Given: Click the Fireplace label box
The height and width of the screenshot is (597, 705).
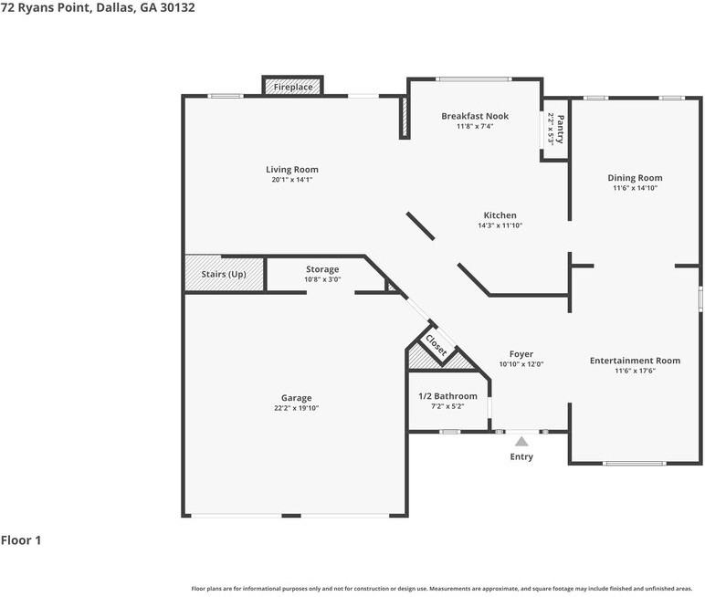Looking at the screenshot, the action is [293, 87].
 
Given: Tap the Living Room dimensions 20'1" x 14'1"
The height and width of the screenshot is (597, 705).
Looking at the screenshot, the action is [292, 179].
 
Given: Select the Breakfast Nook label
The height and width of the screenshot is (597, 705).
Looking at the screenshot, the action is [475, 116].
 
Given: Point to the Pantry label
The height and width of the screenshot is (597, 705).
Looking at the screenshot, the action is [560, 129].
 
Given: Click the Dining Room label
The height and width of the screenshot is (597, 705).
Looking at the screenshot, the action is [635, 178].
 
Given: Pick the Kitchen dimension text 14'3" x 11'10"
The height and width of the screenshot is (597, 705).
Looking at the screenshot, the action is [500, 225].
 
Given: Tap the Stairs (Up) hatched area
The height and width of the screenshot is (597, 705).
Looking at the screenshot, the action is [224, 274].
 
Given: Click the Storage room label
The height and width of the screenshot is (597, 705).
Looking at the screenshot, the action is [322, 268].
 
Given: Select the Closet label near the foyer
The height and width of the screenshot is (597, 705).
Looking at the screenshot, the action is [437, 345].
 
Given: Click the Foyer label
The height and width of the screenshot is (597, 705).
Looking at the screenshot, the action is [521, 354].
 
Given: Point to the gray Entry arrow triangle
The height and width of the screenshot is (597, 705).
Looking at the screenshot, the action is [521, 442].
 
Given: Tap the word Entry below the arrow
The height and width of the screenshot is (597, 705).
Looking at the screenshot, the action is [521, 456].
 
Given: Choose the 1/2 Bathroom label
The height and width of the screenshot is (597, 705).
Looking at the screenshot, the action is [447, 396].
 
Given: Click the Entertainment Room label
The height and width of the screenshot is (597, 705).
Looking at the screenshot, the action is [635, 361].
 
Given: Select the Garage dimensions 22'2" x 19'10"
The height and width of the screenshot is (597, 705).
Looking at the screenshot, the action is [296, 408].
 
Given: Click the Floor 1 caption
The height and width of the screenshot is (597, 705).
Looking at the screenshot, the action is [21, 539].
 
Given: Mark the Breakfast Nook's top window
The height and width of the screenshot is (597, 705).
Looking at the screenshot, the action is [473, 79].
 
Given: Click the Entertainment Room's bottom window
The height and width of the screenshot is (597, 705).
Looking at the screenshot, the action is [635, 463].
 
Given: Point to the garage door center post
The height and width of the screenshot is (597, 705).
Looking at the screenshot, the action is [291, 515].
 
